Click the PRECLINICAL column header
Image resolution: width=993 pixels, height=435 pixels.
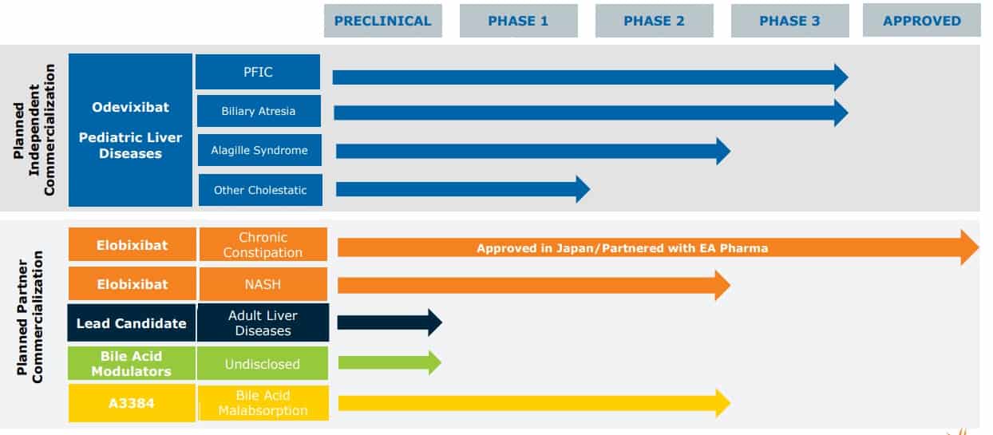pos(382,22)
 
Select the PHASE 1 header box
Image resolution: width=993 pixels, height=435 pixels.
pos(518,22)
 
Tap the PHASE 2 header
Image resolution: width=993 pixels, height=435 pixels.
pos(654,22)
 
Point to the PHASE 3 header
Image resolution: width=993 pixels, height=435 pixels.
pos(789,22)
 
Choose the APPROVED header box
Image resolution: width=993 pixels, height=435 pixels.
pos(921,22)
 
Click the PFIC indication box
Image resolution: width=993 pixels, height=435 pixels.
pos(258,72)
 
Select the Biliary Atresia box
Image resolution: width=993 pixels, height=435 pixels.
pos(259,111)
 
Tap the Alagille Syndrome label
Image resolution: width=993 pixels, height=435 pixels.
pos(259,150)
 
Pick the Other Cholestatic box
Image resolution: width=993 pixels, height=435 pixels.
pos(260,190)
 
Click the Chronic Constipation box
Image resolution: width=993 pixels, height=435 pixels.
pos(263,245)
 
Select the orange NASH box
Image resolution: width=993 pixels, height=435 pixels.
pos(263,284)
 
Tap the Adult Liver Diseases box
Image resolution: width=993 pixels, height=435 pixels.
pos(263,322)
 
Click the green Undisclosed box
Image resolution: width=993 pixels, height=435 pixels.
pos(263,364)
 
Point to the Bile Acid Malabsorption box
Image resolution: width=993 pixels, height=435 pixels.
pos(263,403)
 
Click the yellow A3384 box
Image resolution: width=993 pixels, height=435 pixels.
pos(132,403)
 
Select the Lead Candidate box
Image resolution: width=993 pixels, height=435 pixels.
pos(132,323)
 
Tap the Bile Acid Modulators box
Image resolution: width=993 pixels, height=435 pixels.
pos(132,364)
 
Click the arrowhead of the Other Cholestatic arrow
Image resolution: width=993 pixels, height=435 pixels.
pos(582,189)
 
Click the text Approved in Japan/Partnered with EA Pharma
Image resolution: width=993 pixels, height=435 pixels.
pos(622,248)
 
